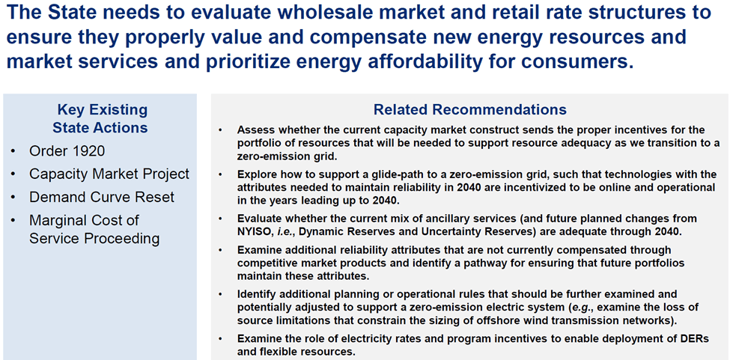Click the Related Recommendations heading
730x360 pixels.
click(x=470, y=110)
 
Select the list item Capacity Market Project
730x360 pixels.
click(x=109, y=174)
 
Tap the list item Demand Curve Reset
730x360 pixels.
click(x=102, y=197)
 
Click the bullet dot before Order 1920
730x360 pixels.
click(x=15, y=152)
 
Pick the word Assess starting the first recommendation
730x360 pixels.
click(x=252, y=129)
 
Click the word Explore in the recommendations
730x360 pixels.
click(x=253, y=174)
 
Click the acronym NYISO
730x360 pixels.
click(x=252, y=231)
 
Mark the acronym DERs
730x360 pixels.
click(x=695, y=339)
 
